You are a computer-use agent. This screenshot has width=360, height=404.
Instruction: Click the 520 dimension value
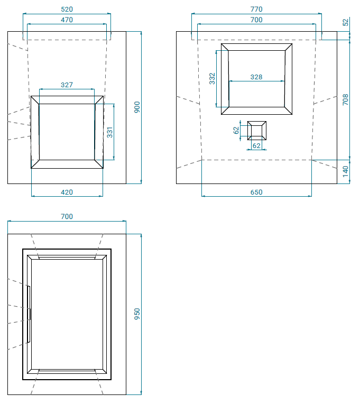coord(67,10)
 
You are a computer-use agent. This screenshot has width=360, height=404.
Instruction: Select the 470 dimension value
coord(67,20)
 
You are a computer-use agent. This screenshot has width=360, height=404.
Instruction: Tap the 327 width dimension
coord(67,85)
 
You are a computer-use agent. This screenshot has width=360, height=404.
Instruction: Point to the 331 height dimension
coord(110,132)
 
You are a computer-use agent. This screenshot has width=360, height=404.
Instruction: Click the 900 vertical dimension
coord(137,107)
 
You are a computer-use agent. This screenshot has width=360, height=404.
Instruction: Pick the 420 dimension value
coord(67,192)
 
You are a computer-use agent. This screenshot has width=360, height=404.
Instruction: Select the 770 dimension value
coord(256,10)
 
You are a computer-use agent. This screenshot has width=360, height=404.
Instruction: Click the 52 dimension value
coord(346,22)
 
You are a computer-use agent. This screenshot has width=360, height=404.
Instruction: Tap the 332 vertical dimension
coord(212,79)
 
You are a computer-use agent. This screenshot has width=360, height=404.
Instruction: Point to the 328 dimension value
coord(256,77)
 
